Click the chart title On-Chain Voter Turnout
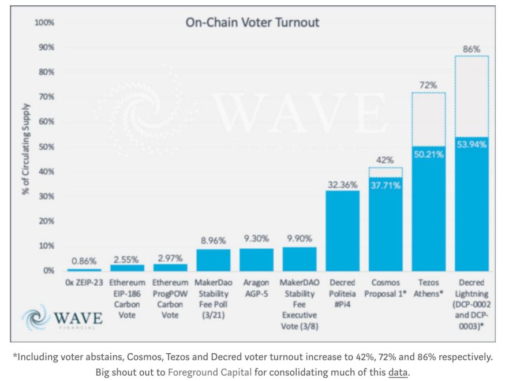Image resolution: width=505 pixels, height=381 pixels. [x=252, y=23]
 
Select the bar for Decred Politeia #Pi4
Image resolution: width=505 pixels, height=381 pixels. [x=342, y=231]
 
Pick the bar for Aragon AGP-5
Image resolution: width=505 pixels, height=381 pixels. [x=256, y=259]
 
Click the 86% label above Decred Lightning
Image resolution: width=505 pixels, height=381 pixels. [x=472, y=50]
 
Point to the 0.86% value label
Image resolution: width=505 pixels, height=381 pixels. [x=84, y=261]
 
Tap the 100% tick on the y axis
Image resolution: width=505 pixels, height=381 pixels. [x=44, y=23]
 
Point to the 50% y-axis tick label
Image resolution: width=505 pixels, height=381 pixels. [x=46, y=147]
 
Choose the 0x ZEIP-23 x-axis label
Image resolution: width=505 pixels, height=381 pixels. [x=84, y=283]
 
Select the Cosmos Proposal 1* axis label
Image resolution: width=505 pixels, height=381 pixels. [x=386, y=288]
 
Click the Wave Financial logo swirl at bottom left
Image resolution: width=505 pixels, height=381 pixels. [x=36, y=317]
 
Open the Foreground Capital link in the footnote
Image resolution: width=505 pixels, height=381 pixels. [x=210, y=372]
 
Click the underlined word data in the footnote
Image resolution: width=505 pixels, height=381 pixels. [x=398, y=372]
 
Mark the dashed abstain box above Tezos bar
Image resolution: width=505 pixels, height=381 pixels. [x=428, y=119]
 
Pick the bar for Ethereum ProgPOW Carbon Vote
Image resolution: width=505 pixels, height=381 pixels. [x=170, y=267]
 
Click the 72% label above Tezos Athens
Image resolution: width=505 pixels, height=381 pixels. [x=428, y=85]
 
